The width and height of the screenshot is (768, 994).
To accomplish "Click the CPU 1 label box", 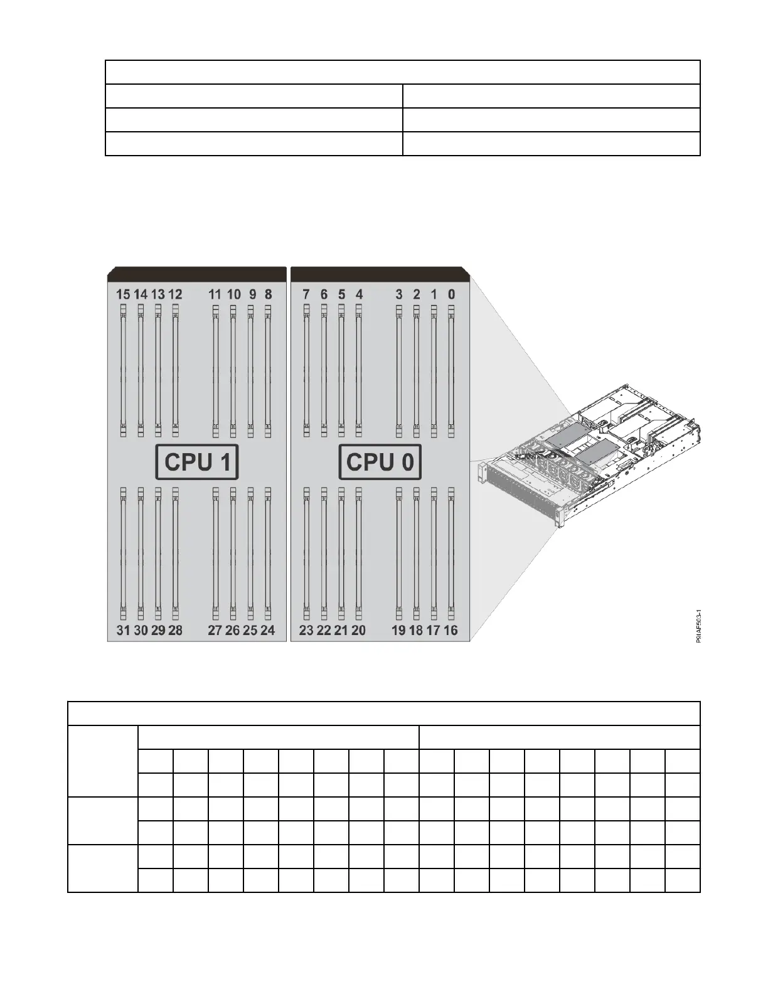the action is coord(197,462).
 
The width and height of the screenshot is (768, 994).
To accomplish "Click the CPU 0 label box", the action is coord(380,462).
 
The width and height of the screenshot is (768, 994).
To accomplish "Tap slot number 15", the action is coord(123,294).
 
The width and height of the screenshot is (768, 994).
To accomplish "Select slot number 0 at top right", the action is coord(451,294).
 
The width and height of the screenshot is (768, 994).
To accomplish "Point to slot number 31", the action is coord(123,630).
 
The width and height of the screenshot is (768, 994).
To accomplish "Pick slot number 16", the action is coord(451,630).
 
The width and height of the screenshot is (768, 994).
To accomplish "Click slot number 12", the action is coord(175,294).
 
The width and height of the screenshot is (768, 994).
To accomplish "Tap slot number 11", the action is coord(215,294).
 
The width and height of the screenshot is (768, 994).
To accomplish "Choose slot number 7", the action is coord(306,294).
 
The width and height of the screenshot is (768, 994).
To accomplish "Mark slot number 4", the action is coord(359,294).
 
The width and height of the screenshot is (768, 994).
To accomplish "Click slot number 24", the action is coord(267,630).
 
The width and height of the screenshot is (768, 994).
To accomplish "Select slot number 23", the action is coord(306,630).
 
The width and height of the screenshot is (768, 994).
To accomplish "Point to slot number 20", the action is coord(358,630).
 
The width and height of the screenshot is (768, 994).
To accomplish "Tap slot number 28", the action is coord(175,630).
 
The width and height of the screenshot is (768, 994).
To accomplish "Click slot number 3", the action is coord(399,294).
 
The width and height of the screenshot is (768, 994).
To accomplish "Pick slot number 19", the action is coord(398,630).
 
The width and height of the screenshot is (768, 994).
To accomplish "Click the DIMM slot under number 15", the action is coord(123,370).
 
